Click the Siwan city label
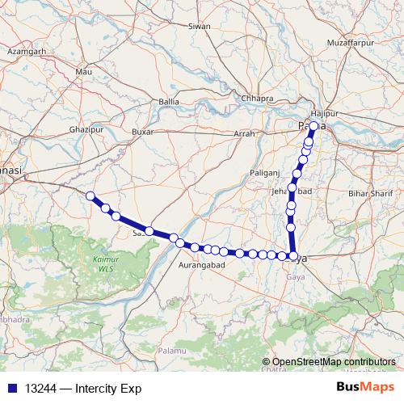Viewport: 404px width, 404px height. coord(199,26)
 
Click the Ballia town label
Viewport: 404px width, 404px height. coord(169,103)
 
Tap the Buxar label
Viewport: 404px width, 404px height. coord(141,130)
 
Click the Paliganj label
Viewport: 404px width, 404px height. coord(264,173)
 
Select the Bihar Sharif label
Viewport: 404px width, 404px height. coord(369,194)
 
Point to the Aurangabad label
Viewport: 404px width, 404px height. coord(201,265)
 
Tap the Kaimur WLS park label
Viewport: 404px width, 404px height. coord(106,263)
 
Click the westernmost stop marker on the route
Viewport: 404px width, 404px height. coord(90,196)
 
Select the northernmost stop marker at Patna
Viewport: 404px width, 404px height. coord(314,125)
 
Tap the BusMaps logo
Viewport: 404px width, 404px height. coord(366,387)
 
